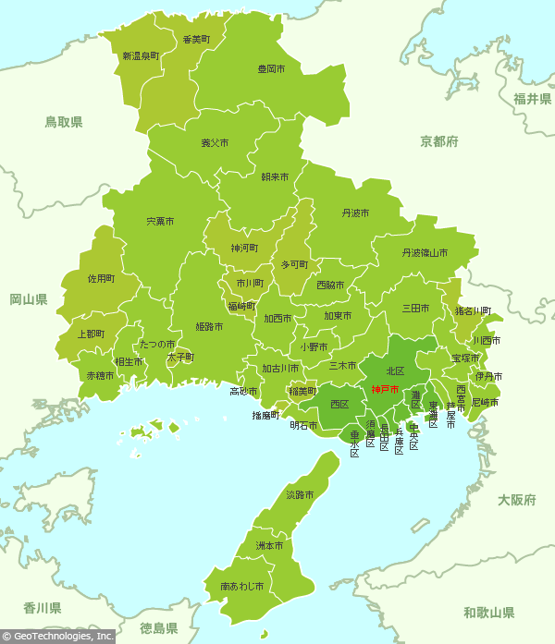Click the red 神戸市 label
pos(385,390)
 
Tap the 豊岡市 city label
pos(271,69)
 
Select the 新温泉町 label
pos(141,56)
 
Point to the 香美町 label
pos(196,40)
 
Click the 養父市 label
pos(215,143)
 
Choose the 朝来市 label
pos(275,176)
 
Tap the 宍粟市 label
pos(160,222)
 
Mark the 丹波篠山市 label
pos(425,252)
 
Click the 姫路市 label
pos(209,327)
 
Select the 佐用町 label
pos(101,278)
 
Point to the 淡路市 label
pos(300,495)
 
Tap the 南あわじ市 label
pos(241,587)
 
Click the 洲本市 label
pos(269,546)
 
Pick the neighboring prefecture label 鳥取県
pos(64,122)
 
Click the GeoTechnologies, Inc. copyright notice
pos(57,637)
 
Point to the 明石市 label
pos(303,426)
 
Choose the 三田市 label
pos(414,308)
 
